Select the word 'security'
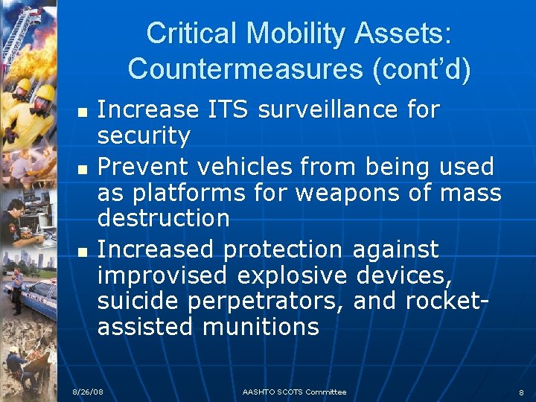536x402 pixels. pyautogui.click(x=144, y=136)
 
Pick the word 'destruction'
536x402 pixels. pyautogui.click(x=164, y=218)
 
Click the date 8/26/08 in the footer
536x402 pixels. pyautogui.click(x=88, y=392)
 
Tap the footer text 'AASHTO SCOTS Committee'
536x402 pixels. pyautogui.click(x=295, y=392)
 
